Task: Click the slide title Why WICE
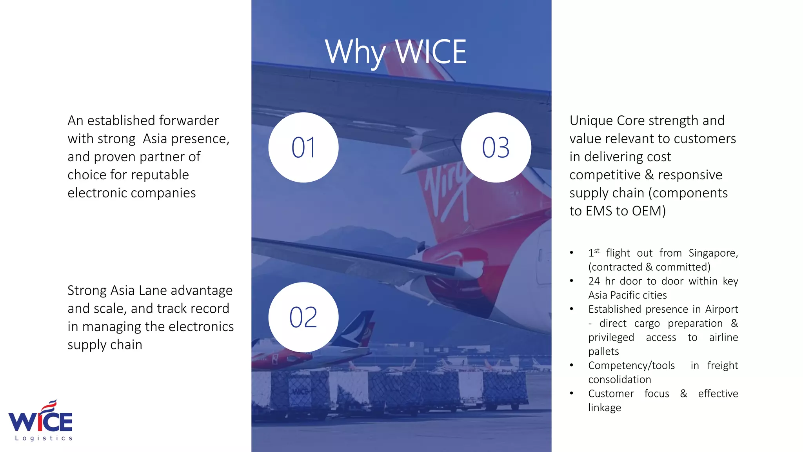pyautogui.click(x=396, y=52)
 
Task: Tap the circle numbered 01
pyautogui.click(x=303, y=148)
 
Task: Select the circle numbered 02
pyautogui.click(x=303, y=317)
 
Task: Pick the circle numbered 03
pyautogui.click(x=496, y=148)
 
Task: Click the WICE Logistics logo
pyautogui.click(x=41, y=421)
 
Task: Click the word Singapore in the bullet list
pyautogui.click(x=713, y=253)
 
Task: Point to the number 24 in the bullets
pyautogui.click(x=594, y=281)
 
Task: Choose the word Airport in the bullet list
pyautogui.click(x=721, y=310)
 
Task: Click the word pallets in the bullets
pyautogui.click(x=603, y=352)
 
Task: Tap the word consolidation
pyautogui.click(x=620, y=380)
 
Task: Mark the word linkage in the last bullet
pyautogui.click(x=605, y=408)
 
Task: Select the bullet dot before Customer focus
pyautogui.click(x=572, y=394)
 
